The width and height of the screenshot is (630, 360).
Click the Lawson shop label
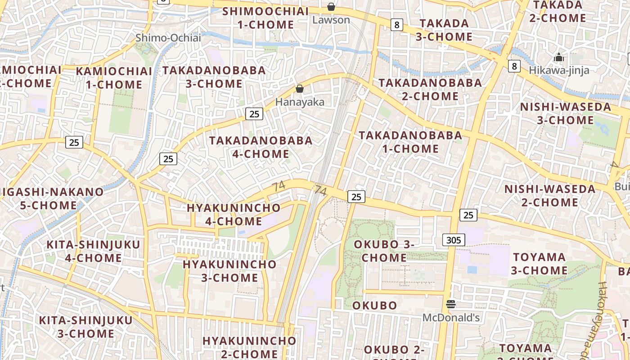[x=331, y=20]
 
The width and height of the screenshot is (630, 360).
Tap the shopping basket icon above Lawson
[x=331, y=7]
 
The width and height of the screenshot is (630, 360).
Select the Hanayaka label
[x=300, y=102]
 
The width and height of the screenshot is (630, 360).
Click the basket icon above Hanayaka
[x=300, y=89]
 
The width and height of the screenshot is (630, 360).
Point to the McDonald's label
[x=451, y=318]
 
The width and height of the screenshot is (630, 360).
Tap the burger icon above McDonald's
[x=451, y=305]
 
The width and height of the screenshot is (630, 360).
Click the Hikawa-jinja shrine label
[x=559, y=70]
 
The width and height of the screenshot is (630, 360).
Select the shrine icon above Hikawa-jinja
[x=559, y=58]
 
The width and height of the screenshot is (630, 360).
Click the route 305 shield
[x=454, y=240]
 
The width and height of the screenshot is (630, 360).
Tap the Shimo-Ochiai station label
[x=168, y=38]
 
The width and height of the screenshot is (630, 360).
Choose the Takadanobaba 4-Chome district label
[x=261, y=147]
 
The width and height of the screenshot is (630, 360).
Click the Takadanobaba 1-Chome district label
[x=410, y=142]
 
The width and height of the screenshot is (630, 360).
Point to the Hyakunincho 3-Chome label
[x=229, y=271]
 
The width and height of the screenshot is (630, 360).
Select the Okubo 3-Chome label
[x=384, y=251]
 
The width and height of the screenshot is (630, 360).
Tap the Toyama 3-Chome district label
[x=539, y=264]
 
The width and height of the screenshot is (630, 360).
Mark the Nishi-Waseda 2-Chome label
[x=550, y=196]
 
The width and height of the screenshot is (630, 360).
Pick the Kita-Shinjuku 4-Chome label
[x=94, y=251]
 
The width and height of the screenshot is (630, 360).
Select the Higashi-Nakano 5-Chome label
[x=49, y=198]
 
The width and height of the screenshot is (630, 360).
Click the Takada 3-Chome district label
[x=444, y=30]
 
